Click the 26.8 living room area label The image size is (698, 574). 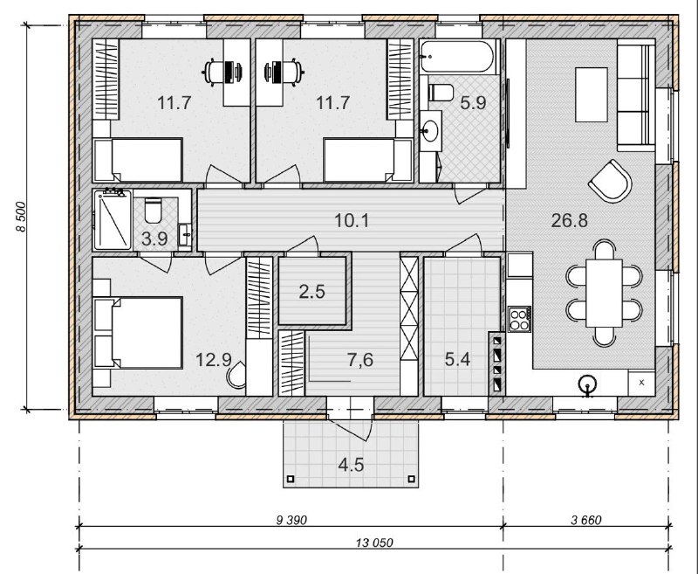570,220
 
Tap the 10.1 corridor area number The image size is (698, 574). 352,220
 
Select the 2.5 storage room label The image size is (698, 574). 312,292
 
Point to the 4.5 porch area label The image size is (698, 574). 351,465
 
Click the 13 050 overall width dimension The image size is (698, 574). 374,543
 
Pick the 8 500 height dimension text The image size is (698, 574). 21,217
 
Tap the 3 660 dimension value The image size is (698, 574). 585,520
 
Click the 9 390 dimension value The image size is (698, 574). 291,520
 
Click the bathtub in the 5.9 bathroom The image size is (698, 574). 457,57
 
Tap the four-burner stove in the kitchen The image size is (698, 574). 519,319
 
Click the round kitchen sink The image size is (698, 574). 588,385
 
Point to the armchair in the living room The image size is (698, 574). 610,181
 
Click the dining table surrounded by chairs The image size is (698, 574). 604,294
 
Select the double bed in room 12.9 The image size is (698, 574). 139,333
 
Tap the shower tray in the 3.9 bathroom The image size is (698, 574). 113,220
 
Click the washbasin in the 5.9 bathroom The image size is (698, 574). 430,131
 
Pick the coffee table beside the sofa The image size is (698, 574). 592,94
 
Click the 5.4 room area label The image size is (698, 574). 457,359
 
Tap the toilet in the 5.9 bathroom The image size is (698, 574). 441,93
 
